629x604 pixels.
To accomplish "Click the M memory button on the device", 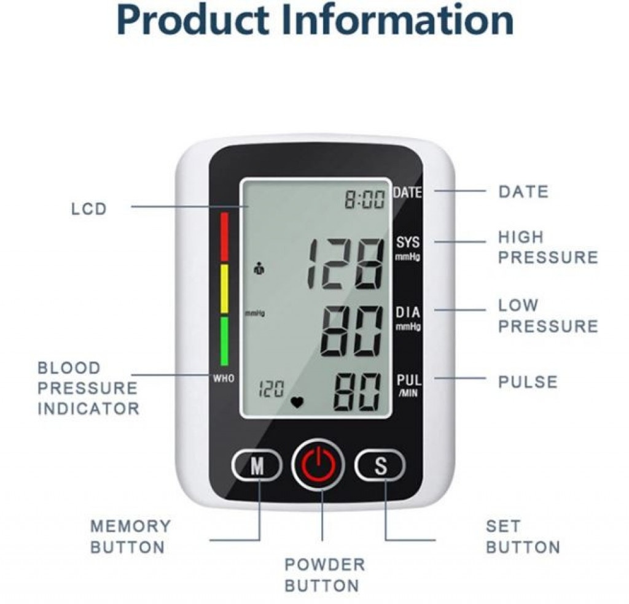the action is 257,465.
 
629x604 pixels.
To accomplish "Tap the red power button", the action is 318,465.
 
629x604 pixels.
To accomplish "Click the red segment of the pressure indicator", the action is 224,236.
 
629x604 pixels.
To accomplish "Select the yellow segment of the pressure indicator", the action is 224,288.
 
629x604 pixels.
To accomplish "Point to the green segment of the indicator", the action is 224,341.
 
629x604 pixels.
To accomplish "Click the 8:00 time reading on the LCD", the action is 365,199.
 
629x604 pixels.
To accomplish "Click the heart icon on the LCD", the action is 297,402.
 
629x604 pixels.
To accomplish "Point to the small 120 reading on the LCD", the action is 271,389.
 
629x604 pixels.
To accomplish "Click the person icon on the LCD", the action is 260,268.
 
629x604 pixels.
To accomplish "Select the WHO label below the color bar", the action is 224,378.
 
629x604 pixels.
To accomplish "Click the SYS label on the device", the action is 408,242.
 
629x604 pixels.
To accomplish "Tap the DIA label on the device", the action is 408,312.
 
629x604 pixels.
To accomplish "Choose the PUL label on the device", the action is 408,379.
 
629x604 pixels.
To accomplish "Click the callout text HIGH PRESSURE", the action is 548,247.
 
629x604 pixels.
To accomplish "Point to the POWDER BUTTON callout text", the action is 325,575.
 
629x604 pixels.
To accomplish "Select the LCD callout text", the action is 88,209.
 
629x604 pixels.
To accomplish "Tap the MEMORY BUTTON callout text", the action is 130,536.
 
